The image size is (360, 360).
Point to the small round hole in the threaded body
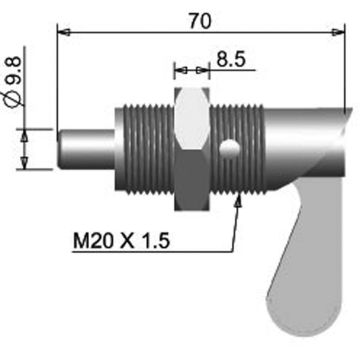231,150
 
